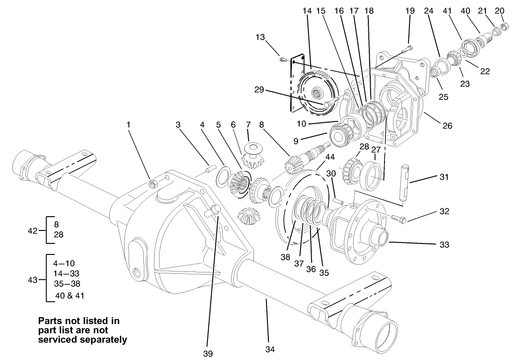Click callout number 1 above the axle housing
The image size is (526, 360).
pos(129,124)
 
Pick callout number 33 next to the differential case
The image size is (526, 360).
pos(444,244)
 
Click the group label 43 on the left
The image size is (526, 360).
pos(33,279)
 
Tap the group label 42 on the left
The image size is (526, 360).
pos(33,230)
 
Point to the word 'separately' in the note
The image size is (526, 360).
pos(106,340)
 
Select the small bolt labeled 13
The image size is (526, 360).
pos(283,59)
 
